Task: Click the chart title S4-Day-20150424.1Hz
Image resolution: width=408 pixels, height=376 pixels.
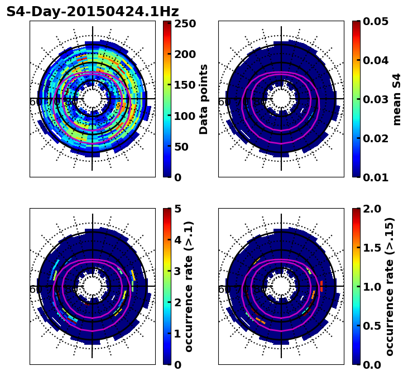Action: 92,12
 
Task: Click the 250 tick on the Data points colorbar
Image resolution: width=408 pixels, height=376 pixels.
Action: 184,24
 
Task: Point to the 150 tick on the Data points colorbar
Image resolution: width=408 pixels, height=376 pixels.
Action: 184,85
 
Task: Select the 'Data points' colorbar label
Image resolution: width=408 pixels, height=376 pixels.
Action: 204,99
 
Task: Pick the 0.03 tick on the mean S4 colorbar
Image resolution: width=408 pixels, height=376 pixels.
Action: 374,99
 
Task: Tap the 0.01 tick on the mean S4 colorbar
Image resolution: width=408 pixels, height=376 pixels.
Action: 374,177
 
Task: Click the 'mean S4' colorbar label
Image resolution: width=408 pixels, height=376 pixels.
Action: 397,99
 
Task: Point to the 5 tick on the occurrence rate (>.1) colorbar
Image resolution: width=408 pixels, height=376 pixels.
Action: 178,209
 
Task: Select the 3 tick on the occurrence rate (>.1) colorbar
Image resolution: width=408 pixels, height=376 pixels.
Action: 178,271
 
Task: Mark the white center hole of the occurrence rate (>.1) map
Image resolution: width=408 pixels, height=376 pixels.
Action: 93,286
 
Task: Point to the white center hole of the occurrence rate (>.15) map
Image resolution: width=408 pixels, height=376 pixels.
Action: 281,286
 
